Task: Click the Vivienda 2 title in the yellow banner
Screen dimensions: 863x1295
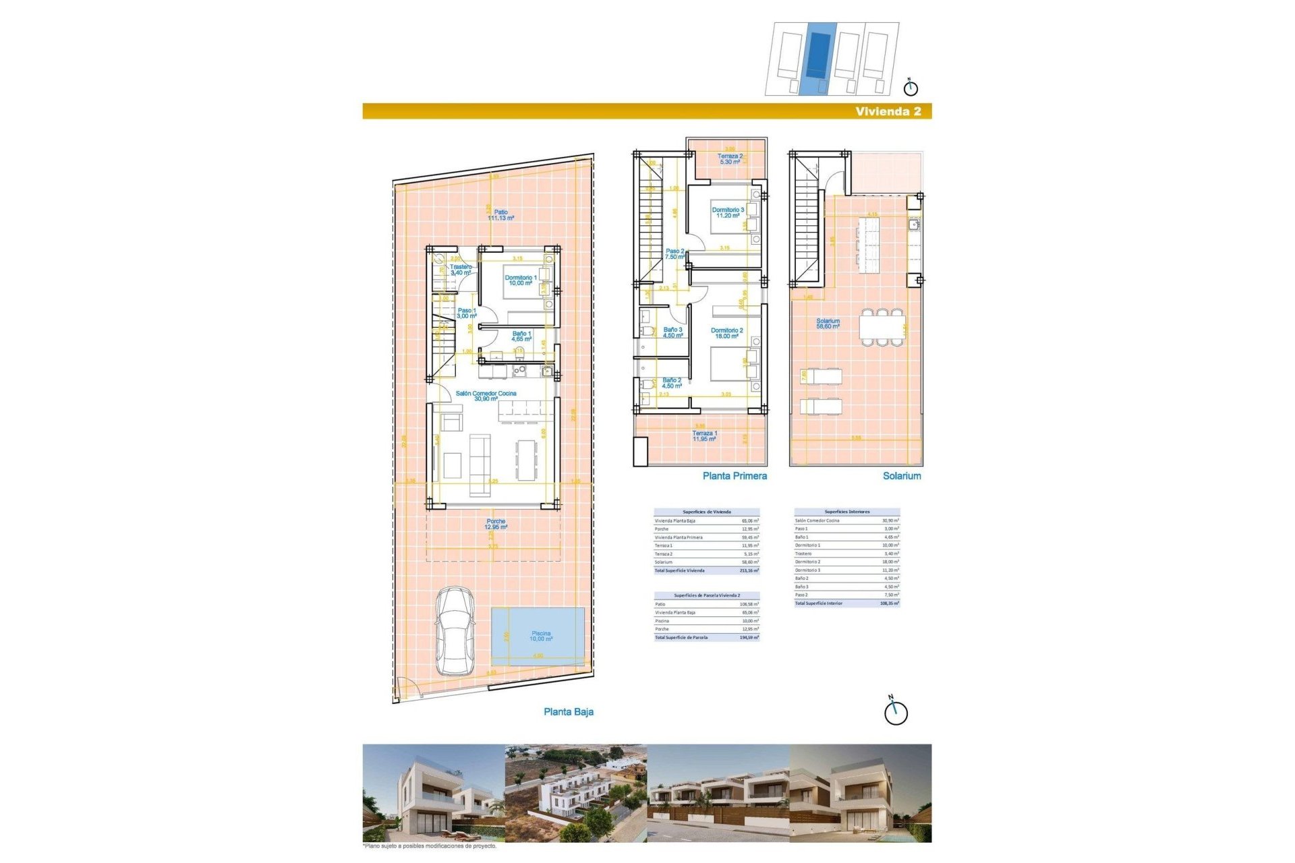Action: tap(888, 112)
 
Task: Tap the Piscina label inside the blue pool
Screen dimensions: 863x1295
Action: tap(541, 636)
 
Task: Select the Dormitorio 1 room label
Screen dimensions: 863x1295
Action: tap(521, 280)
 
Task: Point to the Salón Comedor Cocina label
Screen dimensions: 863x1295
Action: tap(486, 396)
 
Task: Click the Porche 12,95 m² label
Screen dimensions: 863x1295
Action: tap(496, 524)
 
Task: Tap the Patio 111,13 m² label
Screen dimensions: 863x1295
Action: tap(501, 215)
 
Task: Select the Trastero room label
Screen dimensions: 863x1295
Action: tap(461, 270)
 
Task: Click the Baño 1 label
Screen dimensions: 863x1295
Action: tap(521, 336)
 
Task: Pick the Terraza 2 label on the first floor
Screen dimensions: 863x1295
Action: tap(730, 159)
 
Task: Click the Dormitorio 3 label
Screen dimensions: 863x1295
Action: tap(728, 212)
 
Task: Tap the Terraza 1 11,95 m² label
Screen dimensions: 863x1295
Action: tap(704, 436)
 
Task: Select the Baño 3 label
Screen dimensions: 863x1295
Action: tap(672, 332)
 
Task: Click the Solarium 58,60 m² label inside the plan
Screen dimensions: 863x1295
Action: tap(828, 324)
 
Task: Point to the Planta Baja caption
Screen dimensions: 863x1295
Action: tap(569, 712)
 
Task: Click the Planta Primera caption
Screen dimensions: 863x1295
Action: tap(735, 476)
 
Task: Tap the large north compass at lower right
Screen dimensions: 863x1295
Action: tap(896, 712)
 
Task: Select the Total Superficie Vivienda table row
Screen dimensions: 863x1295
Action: tap(706, 570)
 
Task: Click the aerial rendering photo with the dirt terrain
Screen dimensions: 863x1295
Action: tap(575, 793)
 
